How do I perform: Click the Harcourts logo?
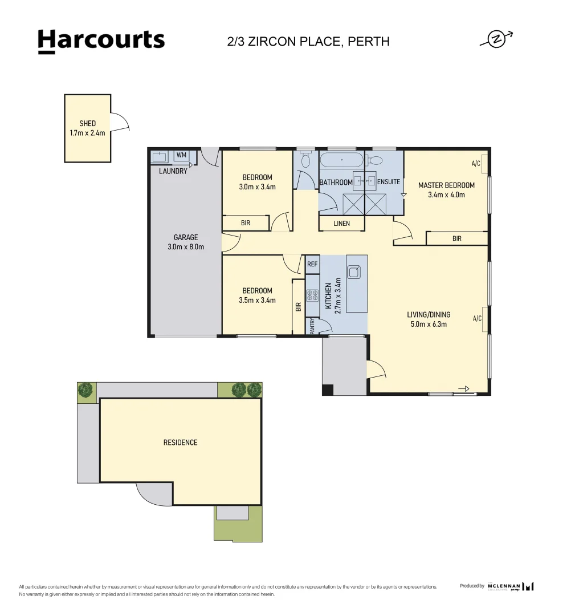tap(101, 41)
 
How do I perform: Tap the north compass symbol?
tap(497, 39)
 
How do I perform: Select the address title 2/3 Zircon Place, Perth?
tap(308, 42)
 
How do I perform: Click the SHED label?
tap(88, 123)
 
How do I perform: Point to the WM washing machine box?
tap(181, 155)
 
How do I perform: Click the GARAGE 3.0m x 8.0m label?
tap(186, 242)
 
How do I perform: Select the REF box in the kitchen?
tap(312, 265)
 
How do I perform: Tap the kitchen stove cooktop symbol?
tap(312, 295)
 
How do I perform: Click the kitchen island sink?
tap(353, 272)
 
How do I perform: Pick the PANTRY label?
tap(312, 326)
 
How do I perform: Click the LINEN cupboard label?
tap(341, 224)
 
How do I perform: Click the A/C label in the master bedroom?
tap(476, 164)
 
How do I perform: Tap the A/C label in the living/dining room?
tap(477, 319)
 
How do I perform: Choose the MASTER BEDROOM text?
tap(447, 185)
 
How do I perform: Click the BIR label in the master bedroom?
tap(457, 238)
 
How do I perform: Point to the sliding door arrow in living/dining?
tap(464, 389)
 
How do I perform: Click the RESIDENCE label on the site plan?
tap(181, 443)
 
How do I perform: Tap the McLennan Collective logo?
tap(511, 586)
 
